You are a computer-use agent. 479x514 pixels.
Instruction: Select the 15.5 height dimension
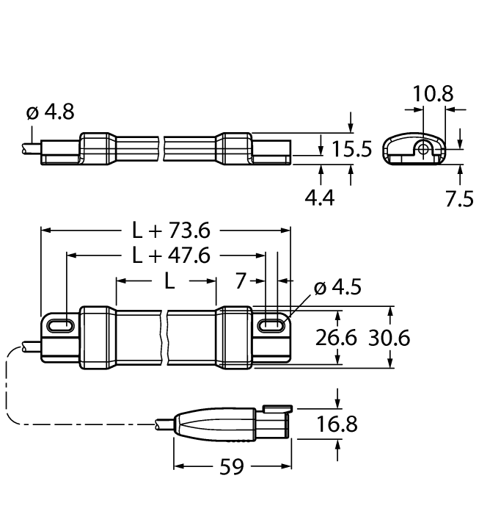click(x=351, y=149)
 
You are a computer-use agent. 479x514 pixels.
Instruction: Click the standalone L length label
click(x=169, y=281)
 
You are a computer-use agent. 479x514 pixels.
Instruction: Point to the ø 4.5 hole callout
click(x=337, y=287)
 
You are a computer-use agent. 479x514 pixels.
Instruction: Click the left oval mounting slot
click(x=59, y=324)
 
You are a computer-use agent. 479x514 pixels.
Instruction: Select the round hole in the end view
click(x=424, y=149)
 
